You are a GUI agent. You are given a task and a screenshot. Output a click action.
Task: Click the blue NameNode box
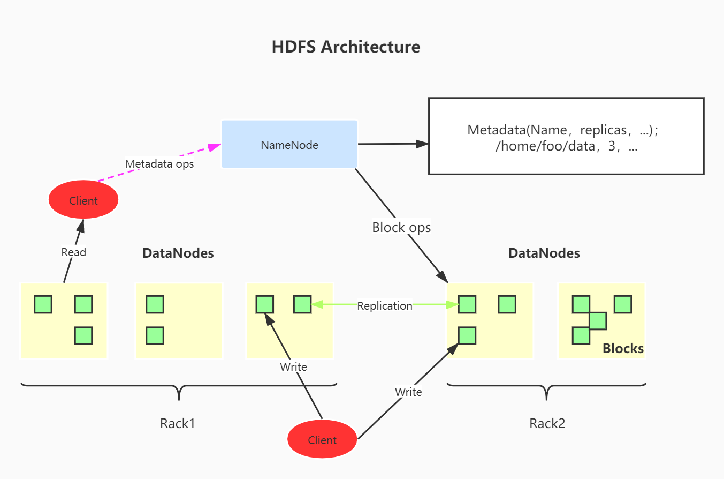[289, 144]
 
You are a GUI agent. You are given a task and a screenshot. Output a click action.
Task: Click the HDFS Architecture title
[346, 47]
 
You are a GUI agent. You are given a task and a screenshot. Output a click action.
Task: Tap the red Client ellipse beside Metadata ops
[83, 199]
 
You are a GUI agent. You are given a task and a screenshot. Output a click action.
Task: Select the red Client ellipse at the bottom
[322, 439]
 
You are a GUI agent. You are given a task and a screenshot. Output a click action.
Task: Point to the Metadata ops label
[159, 164]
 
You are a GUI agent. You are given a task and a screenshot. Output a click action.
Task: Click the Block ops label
[401, 228]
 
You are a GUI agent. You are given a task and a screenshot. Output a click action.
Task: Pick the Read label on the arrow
[74, 252]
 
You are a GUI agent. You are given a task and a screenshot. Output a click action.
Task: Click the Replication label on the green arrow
[385, 306]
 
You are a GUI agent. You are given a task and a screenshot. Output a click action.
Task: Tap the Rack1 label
[178, 423]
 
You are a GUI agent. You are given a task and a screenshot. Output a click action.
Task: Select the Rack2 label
[547, 423]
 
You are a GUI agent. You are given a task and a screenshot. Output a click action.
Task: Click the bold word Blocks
[623, 349]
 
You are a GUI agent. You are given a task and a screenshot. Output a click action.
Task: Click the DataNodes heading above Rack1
[178, 253]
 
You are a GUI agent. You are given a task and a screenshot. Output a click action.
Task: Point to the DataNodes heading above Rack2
[544, 253]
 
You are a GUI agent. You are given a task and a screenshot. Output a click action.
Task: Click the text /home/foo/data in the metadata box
[545, 146]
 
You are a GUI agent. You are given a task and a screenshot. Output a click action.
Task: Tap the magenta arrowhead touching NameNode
[215, 147]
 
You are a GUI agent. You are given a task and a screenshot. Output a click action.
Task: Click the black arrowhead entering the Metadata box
[422, 144]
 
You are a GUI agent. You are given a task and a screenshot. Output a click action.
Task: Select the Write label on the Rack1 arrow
[293, 366]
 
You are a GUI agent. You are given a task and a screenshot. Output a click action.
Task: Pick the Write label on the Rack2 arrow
[408, 392]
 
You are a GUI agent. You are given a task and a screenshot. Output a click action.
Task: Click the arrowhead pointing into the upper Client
[81, 226]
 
